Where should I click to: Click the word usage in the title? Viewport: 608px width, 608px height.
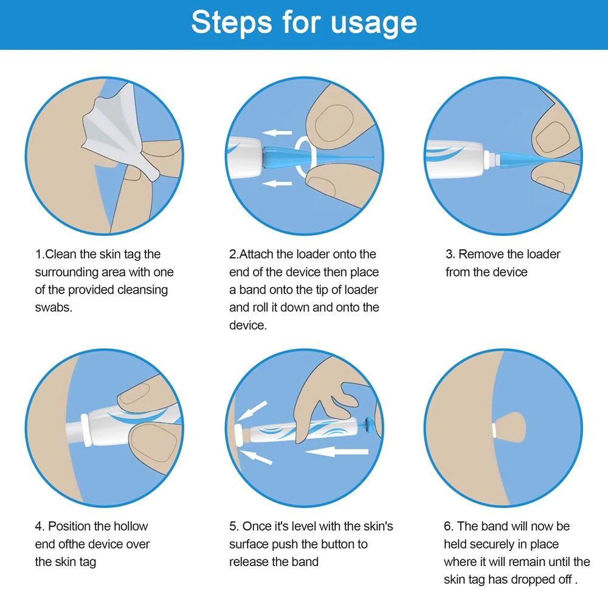(x=373, y=23)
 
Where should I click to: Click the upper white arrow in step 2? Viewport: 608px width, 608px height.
(x=278, y=132)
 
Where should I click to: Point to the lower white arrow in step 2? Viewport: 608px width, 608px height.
(x=278, y=182)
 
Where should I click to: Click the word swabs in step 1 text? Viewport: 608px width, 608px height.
(x=54, y=308)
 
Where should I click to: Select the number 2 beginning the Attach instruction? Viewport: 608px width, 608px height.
(x=233, y=254)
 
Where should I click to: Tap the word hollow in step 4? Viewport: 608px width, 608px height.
(x=130, y=526)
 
